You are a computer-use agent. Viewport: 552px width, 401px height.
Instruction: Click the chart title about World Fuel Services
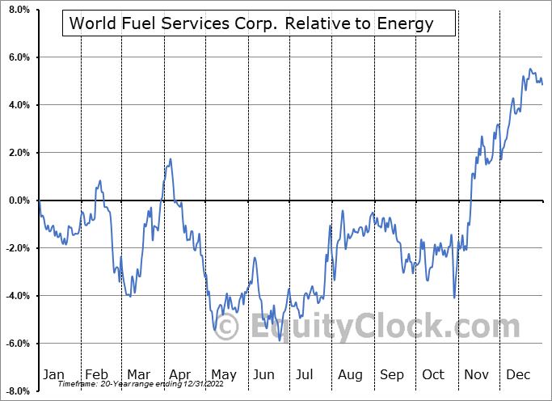[251, 23]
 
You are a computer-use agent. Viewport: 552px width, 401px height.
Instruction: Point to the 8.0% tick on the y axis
[17, 11]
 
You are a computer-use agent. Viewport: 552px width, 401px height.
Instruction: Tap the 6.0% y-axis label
[17, 58]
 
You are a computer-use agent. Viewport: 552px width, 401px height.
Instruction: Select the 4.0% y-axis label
[17, 105]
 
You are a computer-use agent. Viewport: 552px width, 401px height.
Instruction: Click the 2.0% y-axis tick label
[17, 153]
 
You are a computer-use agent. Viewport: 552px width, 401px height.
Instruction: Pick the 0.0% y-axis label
[17, 200]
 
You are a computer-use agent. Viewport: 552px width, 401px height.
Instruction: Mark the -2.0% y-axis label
[15, 248]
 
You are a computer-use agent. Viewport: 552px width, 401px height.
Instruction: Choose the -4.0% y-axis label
[15, 296]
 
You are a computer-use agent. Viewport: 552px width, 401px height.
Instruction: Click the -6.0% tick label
[15, 344]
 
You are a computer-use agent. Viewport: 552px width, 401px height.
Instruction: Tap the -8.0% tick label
[15, 391]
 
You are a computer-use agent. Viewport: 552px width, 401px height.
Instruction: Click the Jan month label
[53, 374]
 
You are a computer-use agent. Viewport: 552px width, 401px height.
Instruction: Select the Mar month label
[138, 374]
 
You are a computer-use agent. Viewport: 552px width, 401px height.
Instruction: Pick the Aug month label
[350, 374]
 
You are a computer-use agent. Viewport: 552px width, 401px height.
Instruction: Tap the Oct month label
[433, 374]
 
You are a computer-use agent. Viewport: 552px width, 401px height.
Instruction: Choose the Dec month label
[517, 374]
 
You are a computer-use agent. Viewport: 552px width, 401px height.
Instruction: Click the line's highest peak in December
[530, 69]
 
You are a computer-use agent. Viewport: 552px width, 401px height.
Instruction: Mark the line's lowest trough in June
[280, 340]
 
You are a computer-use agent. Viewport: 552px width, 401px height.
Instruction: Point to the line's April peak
[170, 158]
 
